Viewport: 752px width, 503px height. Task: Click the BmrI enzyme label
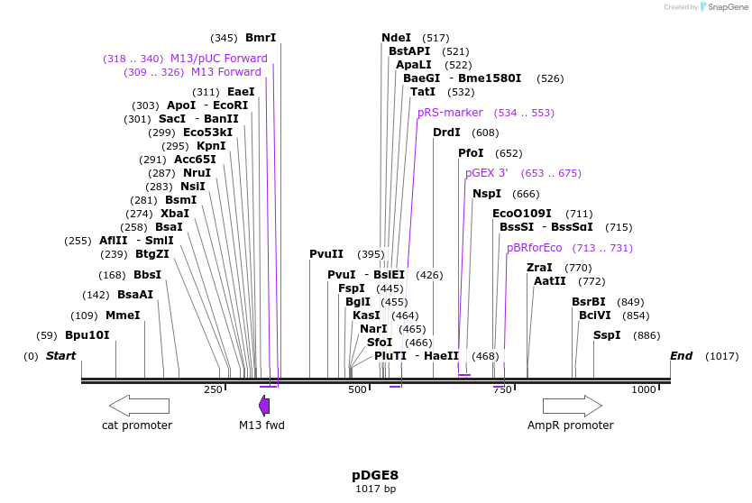coord(261,38)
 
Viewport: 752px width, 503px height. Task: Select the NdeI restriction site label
coord(396,38)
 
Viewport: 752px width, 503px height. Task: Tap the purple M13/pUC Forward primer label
coord(218,59)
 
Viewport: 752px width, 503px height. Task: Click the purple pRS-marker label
coord(450,113)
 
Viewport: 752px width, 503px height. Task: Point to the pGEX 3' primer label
coord(487,173)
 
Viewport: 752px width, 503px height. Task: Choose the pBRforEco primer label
coord(534,248)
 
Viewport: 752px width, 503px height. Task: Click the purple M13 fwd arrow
coord(264,405)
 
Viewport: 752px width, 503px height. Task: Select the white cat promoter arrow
coord(139,405)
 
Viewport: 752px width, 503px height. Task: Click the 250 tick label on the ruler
coord(213,389)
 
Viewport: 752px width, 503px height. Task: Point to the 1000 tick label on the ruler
coord(644,389)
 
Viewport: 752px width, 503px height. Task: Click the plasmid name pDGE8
coord(375,474)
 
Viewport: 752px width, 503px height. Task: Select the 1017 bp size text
coord(375,489)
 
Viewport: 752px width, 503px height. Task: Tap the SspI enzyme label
coord(607,335)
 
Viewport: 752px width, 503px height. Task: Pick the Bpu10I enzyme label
coord(87,335)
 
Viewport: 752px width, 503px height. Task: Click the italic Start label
coord(60,356)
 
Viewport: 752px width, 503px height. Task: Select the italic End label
coord(681,356)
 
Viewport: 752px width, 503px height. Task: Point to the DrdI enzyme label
coord(446,133)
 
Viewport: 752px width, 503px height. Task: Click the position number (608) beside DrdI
coord(485,133)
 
